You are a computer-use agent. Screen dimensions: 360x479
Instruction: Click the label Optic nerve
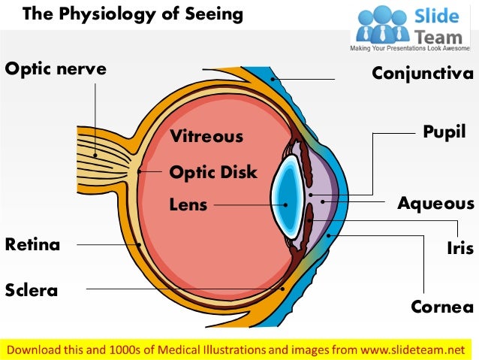(x=56, y=69)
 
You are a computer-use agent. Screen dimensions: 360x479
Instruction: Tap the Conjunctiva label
(x=423, y=73)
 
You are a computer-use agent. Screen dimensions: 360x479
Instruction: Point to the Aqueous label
(x=435, y=204)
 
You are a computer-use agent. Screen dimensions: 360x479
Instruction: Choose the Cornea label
(x=442, y=307)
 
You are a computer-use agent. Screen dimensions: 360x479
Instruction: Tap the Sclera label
(x=32, y=290)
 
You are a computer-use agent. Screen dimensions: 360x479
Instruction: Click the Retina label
(x=32, y=244)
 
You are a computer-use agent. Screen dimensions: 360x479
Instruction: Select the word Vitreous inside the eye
(x=206, y=136)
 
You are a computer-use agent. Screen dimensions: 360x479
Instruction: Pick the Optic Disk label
(x=213, y=172)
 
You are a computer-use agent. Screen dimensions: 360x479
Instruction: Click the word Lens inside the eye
(x=188, y=204)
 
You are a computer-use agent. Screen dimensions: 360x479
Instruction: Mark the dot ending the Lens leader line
(x=283, y=204)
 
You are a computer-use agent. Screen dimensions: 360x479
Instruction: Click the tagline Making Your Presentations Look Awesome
(x=414, y=48)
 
